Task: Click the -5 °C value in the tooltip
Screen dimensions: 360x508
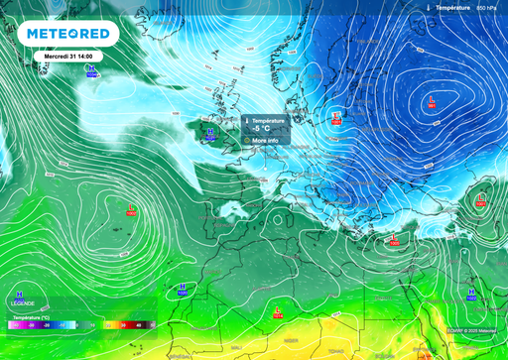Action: point(261,129)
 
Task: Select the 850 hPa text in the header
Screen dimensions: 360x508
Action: point(486,7)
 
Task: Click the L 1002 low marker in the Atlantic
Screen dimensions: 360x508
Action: point(131,209)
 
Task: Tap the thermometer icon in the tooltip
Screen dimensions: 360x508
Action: point(246,120)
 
